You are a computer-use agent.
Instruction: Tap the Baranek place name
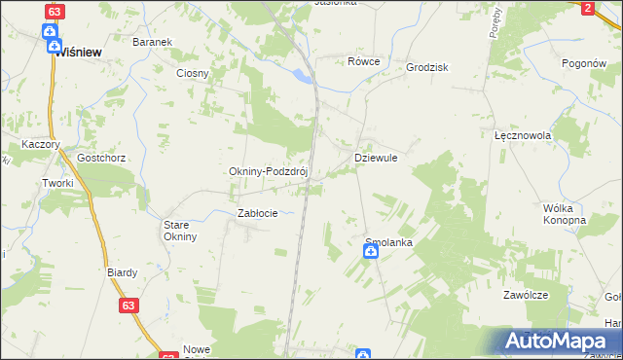click(x=152, y=43)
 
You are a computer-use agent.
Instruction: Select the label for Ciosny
click(x=192, y=73)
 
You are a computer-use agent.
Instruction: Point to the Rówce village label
click(x=363, y=61)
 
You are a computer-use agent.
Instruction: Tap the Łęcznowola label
click(x=523, y=136)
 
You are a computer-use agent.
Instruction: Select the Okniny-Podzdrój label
click(x=268, y=171)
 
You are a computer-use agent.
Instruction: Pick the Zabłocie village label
click(x=258, y=213)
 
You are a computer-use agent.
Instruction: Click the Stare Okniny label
click(x=180, y=230)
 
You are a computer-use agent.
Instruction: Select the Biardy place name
click(x=122, y=272)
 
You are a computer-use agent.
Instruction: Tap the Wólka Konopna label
click(x=564, y=214)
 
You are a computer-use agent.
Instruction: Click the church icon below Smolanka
click(x=371, y=253)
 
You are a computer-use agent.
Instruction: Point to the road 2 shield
click(x=587, y=8)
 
